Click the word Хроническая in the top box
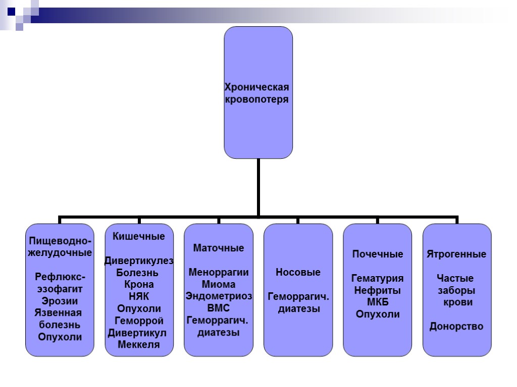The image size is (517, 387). click(256, 87)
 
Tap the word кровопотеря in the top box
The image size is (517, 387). click(256, 99)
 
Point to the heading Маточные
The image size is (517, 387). click(219, 248)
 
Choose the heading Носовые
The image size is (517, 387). click(298, 272)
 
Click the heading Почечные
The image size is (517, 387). click(378, 254)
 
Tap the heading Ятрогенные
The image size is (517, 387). click(456, 254)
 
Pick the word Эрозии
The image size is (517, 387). click(60, 301)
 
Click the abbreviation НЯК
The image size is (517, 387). click(139, 296)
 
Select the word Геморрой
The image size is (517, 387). click(139, 320)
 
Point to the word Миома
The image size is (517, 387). click(219, 284)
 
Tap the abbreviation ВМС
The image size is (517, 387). click(219, 308)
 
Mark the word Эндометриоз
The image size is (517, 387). click(219, 296)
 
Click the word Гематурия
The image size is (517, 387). click(378, 278)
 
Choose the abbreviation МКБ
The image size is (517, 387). click(378, 302)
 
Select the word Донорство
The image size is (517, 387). click(456, 327)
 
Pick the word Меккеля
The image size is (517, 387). click(139, 345)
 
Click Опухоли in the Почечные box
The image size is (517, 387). click(378, 314)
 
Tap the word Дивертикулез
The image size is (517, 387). click(139, 261)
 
